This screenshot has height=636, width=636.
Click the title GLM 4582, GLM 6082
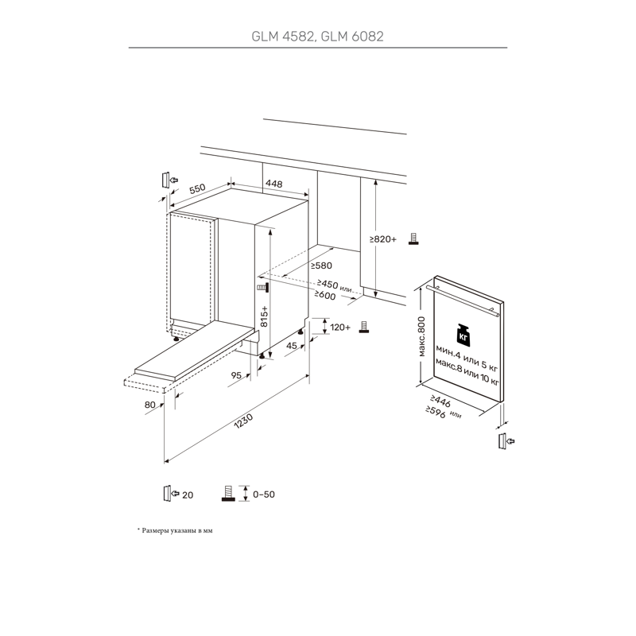click(x=317, y=35)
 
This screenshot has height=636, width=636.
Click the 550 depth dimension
click(x=197, y=189)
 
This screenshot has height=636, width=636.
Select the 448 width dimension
click(x=273, y=184)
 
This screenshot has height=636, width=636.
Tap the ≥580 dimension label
click(x=320, y=266)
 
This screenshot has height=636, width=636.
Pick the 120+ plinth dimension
click(x=340, y=327)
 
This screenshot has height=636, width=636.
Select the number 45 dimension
click(x=292, y=346)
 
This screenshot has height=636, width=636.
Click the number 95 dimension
click(x=236, y=374)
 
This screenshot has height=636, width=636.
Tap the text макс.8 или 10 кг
click(x=467, y=374)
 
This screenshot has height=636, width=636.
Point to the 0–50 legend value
click(x=263, y=494)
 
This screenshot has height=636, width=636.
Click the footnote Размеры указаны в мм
click(x=178, y=529)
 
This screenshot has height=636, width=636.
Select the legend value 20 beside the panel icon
click(x=188, y=495)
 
